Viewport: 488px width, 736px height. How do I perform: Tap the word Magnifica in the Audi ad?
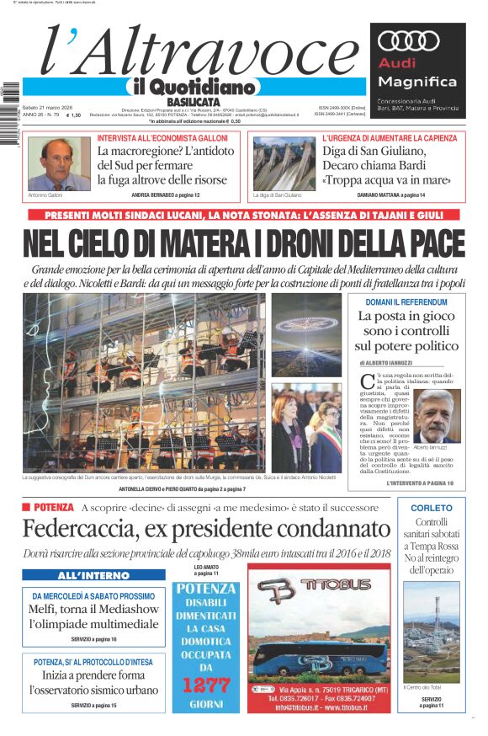click(417, 82)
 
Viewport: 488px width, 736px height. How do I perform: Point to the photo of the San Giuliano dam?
click(284, 163)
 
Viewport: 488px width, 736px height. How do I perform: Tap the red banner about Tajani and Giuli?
click(244, 216)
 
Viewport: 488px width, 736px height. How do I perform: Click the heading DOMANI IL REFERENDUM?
click(406, 301)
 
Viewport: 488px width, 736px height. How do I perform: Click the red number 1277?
click(206, 684)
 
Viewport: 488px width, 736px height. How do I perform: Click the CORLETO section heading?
click(431, 508)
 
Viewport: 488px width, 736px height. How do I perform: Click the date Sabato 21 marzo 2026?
click(47, 107)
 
